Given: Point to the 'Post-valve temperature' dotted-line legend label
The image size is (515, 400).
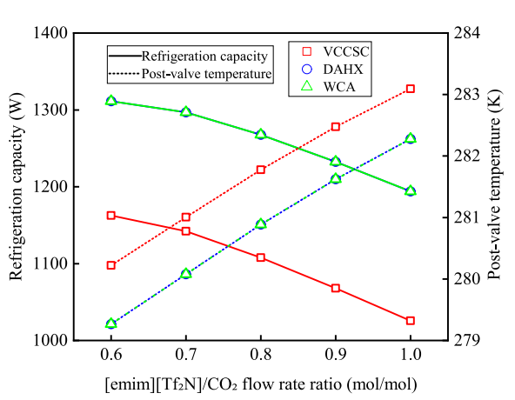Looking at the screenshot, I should pos(207,75).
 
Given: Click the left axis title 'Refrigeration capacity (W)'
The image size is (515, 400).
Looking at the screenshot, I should pos(17,187).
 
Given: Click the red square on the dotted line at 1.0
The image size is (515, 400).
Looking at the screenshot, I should pos(411,89).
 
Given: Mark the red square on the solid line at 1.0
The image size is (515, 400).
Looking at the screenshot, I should pos(411,321).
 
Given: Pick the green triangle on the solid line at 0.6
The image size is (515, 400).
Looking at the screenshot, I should pos(110,101).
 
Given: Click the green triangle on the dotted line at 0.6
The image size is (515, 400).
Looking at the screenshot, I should pos(110,323).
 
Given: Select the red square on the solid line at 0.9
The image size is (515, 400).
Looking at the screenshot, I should pos(336,288).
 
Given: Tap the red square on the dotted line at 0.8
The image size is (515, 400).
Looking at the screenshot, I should pos(260,170).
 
